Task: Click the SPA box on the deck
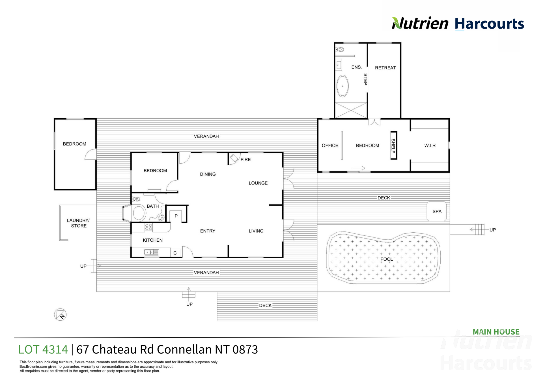click(436, 211)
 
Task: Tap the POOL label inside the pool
click(386, 259)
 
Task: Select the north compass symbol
click(60, 315)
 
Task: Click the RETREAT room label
click(385, 68)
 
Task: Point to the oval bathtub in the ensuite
click(342, 86)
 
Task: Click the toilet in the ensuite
click(340, 50)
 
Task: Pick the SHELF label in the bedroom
click(393, 146)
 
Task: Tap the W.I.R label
click(430, 145)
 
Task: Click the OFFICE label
click(330, 145)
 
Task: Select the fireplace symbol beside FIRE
click(234, 158)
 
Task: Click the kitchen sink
click(152, 252)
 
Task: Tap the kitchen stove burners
click(149, 227)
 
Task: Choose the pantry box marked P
click(176, 216)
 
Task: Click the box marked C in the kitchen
click(175, 253)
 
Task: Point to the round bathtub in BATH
click(139, 213)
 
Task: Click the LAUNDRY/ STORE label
click(78, 223)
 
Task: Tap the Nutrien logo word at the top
click(420, 23)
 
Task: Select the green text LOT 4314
click(43, 349)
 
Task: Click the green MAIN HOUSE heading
click(496, 332)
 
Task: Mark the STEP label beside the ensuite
click(365, 79)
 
